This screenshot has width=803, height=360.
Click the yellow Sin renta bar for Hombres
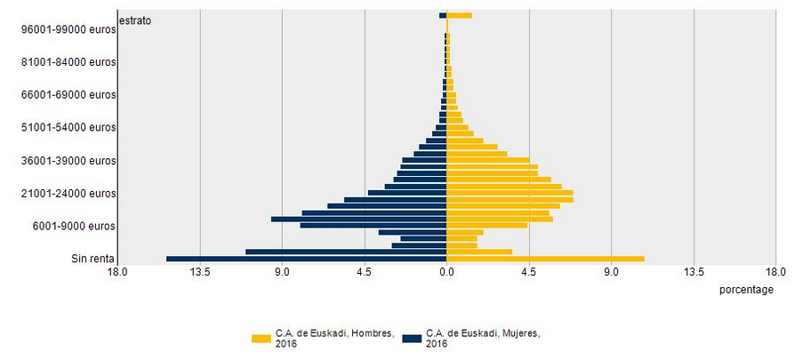(544, 259)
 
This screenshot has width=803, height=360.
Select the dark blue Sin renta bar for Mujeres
(306, 259)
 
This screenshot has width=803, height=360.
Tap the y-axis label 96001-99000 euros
(68, 29)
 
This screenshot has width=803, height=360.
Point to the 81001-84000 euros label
(68, 62)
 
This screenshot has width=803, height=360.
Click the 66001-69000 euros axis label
(68, 95)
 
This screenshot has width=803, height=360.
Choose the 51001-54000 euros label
(68, 128)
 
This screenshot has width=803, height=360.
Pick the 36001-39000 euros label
(68, 161)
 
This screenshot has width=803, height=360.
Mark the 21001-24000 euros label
(68, 194)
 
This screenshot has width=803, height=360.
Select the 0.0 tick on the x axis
(446, 272)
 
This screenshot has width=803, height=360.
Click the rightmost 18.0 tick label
(775, 272)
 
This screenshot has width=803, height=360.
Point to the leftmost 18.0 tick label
(117, 272)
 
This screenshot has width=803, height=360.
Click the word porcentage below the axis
(745, 290)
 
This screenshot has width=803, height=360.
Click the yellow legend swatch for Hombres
(261, 339)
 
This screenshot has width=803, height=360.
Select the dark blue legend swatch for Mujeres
(412, 339)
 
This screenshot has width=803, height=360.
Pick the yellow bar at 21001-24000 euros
(509, 193)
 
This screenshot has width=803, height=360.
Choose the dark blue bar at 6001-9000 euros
(373, 226)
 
